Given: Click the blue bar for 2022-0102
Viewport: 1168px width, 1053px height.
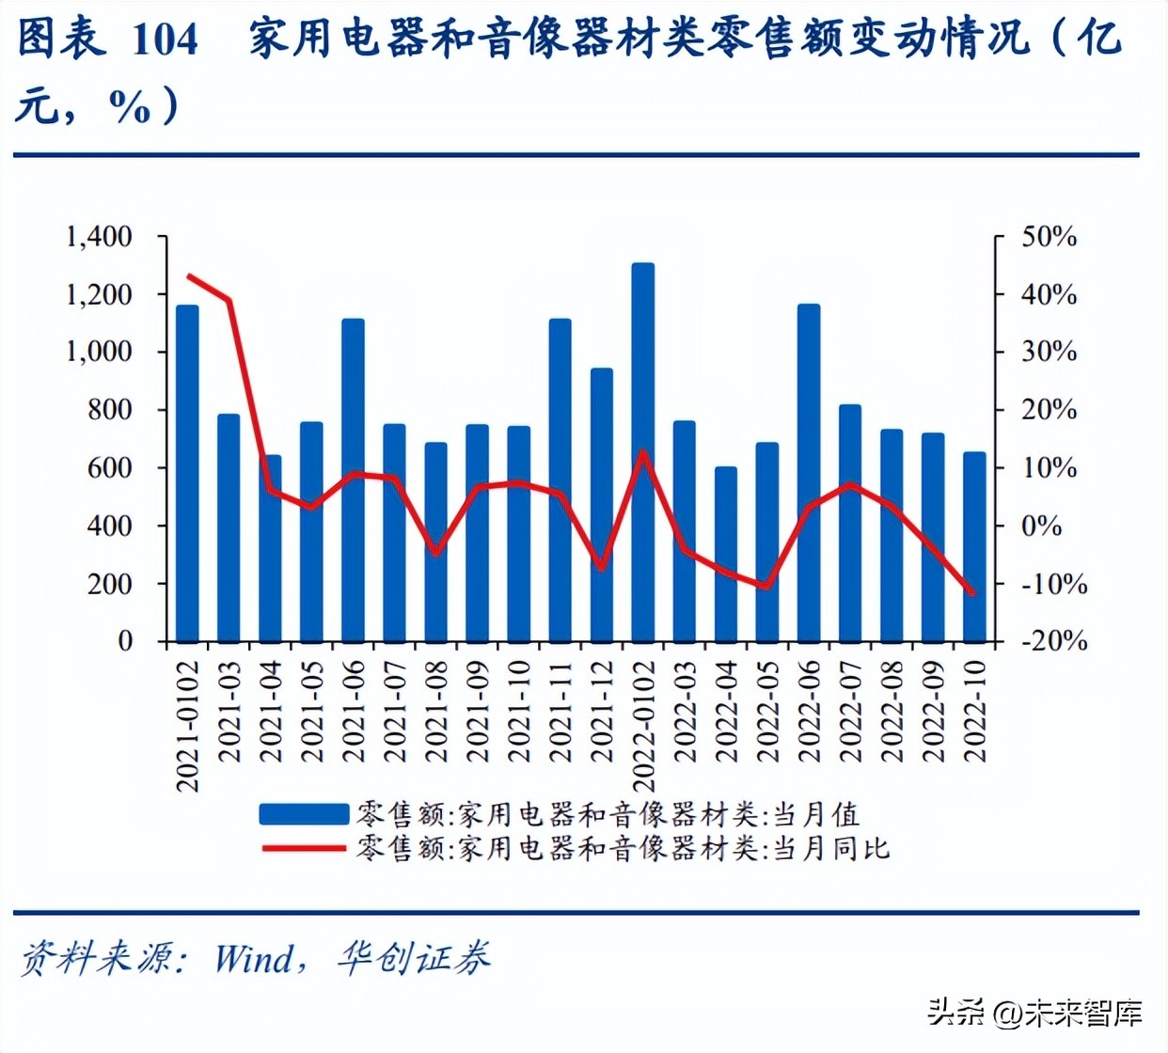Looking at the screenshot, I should point(643,451).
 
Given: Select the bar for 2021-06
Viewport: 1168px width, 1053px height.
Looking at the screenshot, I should point(353,479).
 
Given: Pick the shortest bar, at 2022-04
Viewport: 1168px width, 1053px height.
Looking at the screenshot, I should point(726,555).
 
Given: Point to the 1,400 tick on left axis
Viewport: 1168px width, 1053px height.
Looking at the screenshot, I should point(98,237).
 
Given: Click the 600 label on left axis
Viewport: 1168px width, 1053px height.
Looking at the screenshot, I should point(109,468).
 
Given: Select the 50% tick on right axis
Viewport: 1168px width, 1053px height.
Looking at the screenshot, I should point(1049,237).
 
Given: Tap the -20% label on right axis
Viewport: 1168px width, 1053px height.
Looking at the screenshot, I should point(1054,641).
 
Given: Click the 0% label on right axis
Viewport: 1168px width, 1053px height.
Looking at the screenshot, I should point(1041,526).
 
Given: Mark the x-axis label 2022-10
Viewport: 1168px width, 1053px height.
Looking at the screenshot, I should point(975,711).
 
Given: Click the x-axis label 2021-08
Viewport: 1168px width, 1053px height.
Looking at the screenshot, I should point(436,711).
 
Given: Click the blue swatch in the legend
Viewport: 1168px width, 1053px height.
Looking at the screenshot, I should point(304,814).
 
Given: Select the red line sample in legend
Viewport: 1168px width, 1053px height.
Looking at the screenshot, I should point(304,848).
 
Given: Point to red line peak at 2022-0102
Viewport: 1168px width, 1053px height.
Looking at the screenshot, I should point(643,451).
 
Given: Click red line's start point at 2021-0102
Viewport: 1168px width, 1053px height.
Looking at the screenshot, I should point(188,276).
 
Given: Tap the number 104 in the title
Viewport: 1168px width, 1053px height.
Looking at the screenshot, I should point(165,39).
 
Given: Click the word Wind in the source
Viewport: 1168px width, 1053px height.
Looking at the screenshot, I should point(254,959).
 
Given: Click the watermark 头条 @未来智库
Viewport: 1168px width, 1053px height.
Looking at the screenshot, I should point(1034,1013).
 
